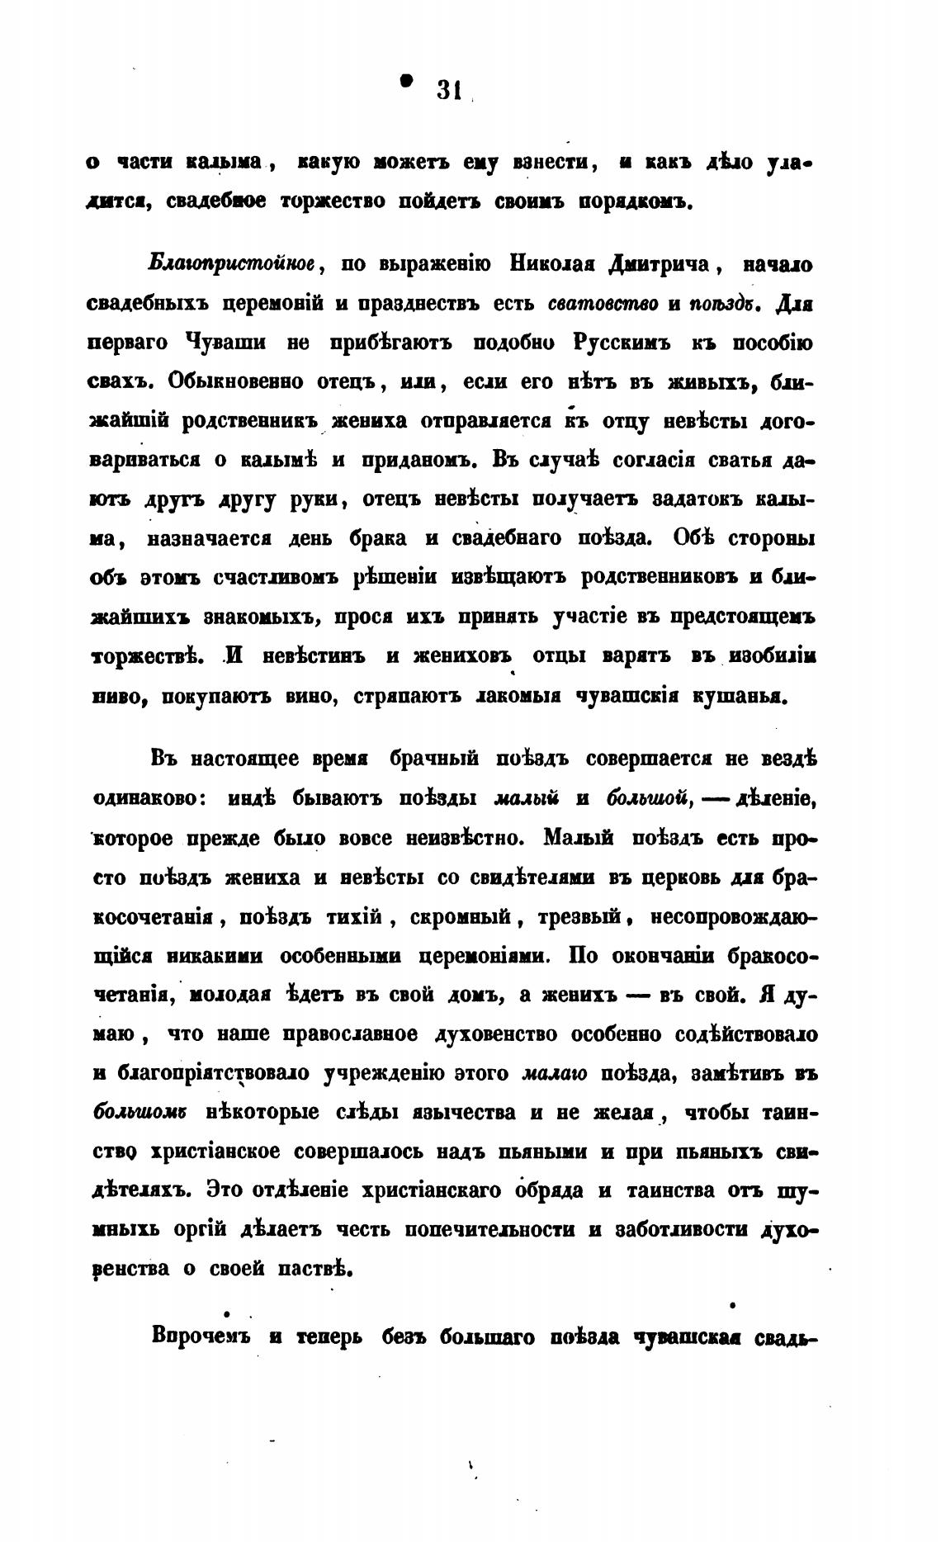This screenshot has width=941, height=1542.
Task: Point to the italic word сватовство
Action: click(x=603, y=304)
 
